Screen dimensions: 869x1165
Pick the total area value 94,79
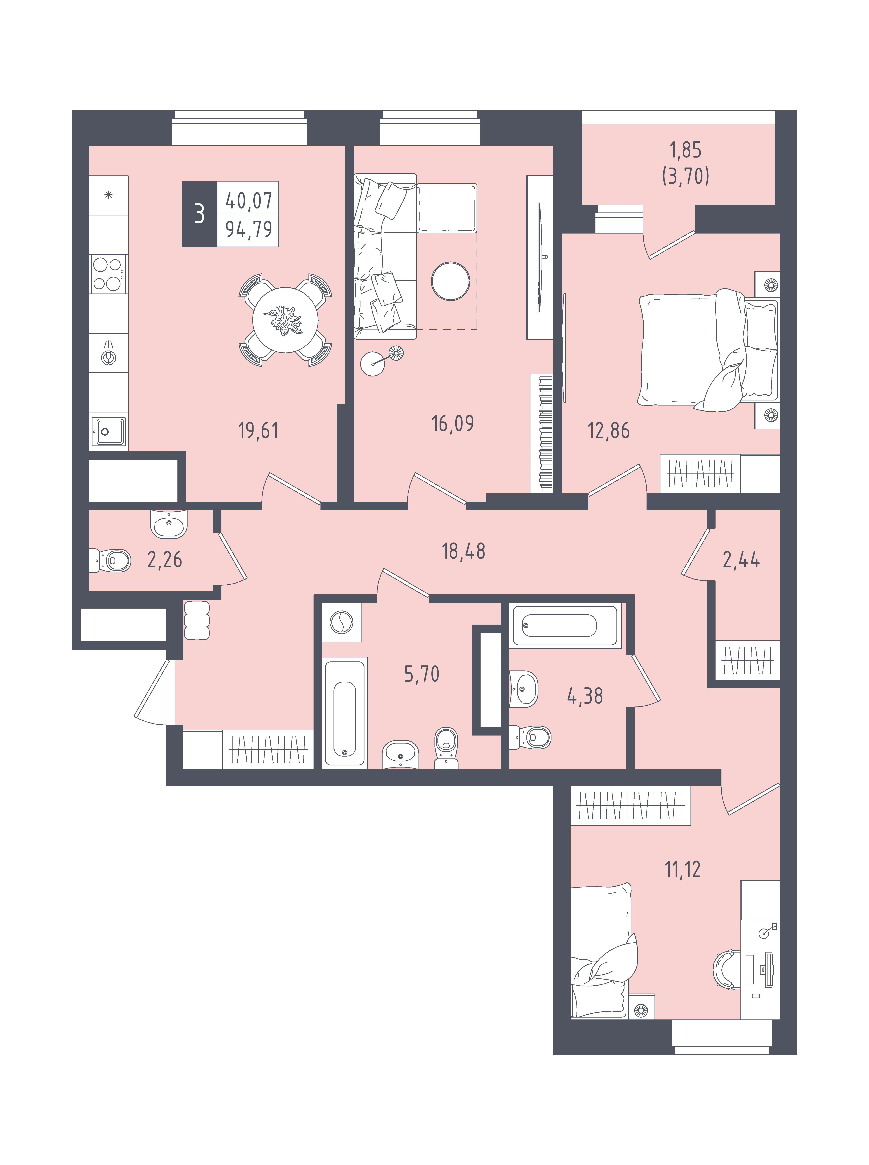(x=249, y=229)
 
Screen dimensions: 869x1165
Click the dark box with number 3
(x=199, y=214)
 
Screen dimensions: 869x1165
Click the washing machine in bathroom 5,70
(x=341, y=622)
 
